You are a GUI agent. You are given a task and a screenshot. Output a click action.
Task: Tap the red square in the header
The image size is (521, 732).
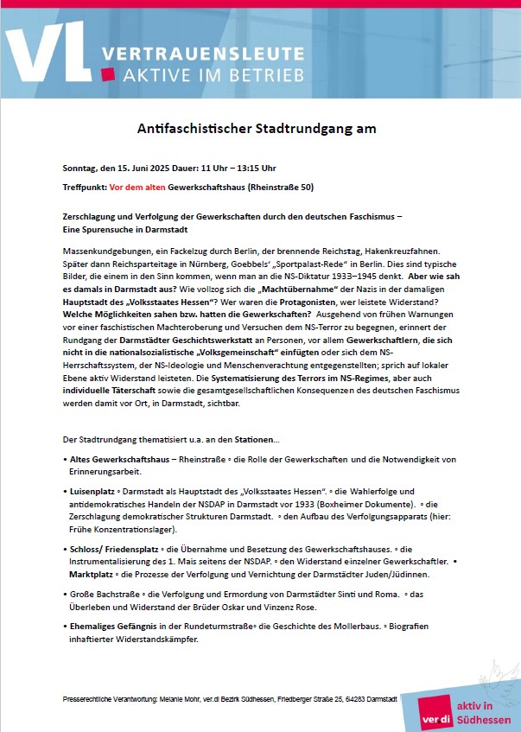[108, 74]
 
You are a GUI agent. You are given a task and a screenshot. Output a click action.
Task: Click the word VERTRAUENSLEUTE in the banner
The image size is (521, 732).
[202, 54]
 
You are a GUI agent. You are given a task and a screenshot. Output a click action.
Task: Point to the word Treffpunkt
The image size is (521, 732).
[85, 187]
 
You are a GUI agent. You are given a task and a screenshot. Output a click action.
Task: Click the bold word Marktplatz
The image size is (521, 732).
[93, 574]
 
